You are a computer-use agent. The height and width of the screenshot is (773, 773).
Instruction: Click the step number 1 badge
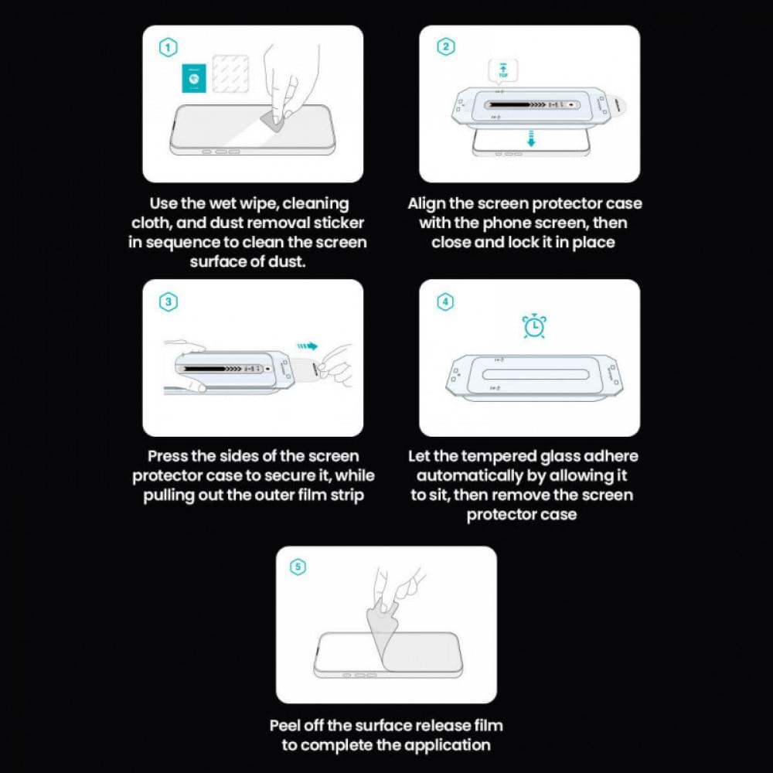pyautogui.click(x=169, y=48)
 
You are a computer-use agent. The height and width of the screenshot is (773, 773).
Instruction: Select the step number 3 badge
pyautogui.click(x=169, y=302)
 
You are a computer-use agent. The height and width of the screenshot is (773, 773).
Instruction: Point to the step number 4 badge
pyautogui.click(x=445, y=302)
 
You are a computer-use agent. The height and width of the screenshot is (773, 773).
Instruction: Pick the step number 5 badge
pyautogui.click(x=298, y=567)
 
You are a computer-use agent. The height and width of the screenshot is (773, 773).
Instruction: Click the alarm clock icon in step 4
pyautogui.click(x=534, y=326)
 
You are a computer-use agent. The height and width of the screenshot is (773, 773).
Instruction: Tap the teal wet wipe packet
pyautogui.click(x=192, y=78)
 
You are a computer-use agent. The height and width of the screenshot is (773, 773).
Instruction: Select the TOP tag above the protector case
pyautogui.click(x=504, y=71)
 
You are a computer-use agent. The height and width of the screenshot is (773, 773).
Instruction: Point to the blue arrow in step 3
pyautogui.click(x=307, y=347)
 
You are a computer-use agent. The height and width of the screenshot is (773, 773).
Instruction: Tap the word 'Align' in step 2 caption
pyautogui.click(x=427, y=204)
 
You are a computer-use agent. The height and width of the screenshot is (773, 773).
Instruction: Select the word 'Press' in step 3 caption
pyautogui.click(x=169, y=456)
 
